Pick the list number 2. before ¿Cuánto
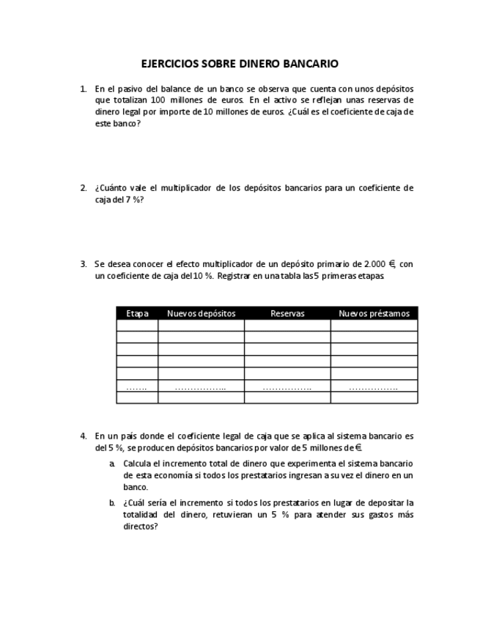(x=84, y=188)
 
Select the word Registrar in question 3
(x=237, y=276)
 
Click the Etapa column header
(x=137, y=313)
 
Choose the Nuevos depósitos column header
(x=202, y=313)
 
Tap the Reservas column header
(x=287, y=313)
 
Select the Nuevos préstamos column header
(x=374, y=313)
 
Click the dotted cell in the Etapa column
(x=137, y=387)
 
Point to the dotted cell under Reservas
(x=287, y=387)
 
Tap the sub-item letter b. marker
(x=113, y=503)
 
